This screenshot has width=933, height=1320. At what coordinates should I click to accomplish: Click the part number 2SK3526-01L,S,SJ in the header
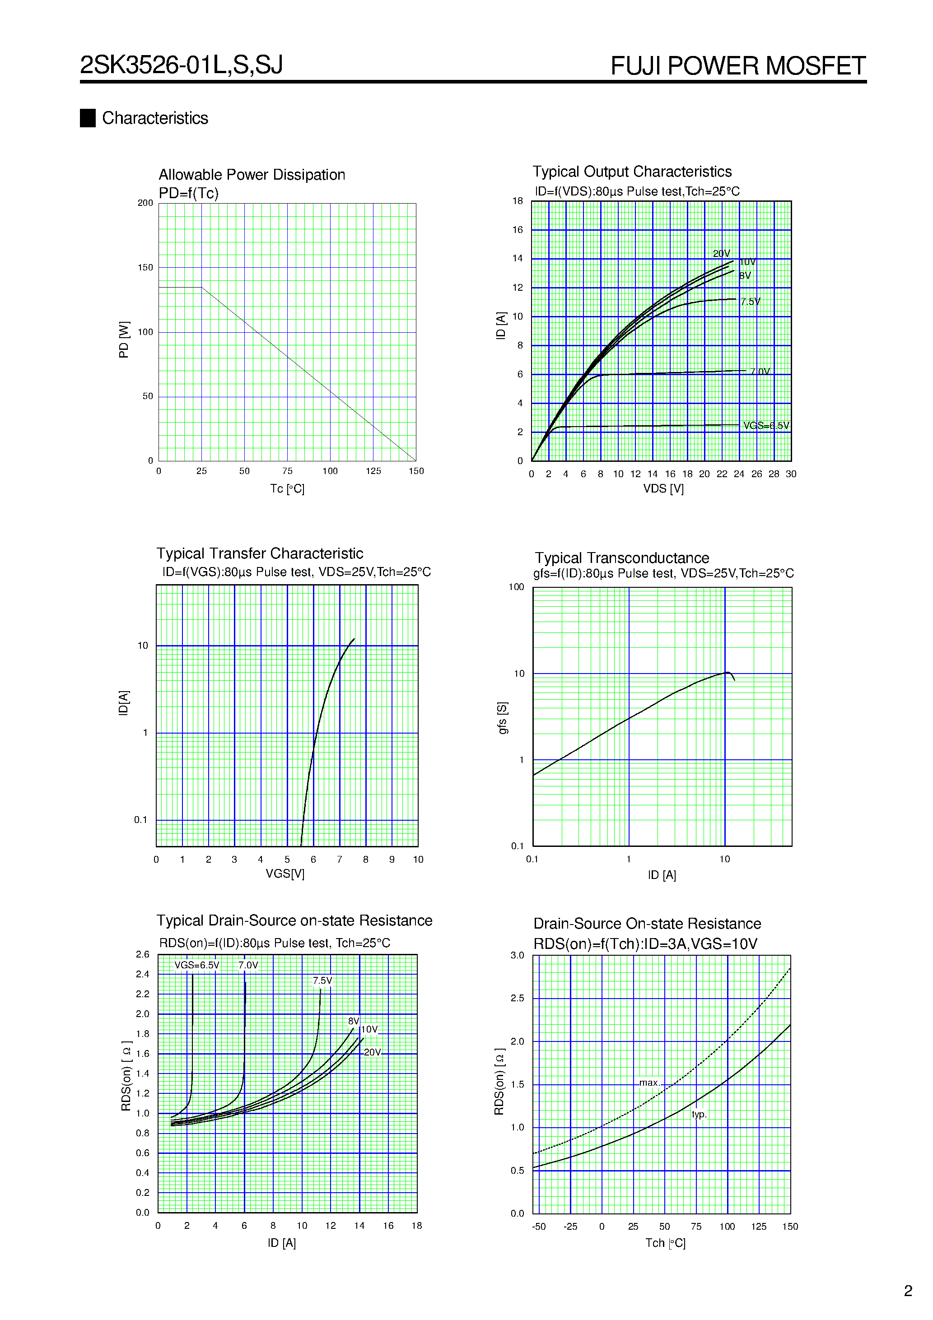click(181, 65)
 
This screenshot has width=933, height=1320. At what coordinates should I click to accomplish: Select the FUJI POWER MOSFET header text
click(737, 66)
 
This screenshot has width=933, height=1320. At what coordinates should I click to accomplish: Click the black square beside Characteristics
click(88, 118)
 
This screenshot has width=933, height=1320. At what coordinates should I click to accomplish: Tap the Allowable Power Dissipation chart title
click(252, 175)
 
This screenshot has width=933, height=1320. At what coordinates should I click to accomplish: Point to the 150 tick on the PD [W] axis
click(145, 267)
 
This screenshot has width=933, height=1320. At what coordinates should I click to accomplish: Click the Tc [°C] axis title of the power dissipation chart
click(287, 488)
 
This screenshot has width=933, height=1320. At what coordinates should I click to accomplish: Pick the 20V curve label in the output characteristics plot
click(721, 254)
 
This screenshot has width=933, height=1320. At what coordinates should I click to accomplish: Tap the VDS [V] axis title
click(663, 488)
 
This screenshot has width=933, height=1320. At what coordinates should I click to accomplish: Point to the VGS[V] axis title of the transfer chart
click(285, 874)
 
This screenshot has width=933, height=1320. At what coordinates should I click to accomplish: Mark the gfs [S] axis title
click(503, 717)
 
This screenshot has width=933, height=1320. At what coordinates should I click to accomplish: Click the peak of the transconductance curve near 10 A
click(728, 672)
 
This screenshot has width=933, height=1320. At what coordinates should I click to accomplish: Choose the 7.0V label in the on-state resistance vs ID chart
click(248, 965)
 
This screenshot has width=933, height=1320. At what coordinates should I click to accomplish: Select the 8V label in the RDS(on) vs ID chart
click(353, 1021)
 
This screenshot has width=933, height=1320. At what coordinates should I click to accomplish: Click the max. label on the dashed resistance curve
click(649, 1083)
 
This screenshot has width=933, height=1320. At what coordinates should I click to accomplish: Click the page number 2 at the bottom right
click(908, 1291)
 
